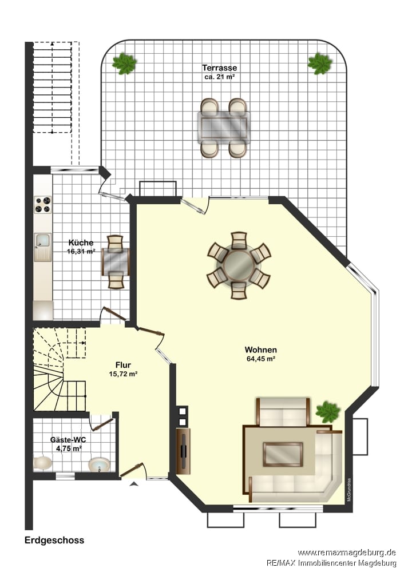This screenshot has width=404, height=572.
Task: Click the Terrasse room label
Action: point(219,68)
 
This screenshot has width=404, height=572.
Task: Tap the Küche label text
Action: point(81,243)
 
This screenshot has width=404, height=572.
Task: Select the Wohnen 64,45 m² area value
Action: point(260,359)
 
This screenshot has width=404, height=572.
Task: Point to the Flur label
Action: point(123,365)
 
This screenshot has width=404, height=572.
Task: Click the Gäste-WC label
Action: point(68,439)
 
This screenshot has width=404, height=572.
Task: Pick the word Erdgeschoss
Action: point(54,541)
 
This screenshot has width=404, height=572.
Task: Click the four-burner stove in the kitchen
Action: point(43,205)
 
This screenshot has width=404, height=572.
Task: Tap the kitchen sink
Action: point(43,247)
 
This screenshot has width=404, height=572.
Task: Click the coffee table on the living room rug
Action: point(283,454)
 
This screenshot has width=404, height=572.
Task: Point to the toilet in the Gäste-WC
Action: point(43,463)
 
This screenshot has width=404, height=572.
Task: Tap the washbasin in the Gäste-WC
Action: point(99,464)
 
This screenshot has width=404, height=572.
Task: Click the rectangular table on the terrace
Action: point(224,127)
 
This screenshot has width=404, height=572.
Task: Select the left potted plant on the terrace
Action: point(124,64)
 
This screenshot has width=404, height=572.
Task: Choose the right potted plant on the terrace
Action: point(320,64)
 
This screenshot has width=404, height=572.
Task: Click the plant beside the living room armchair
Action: point(328,412)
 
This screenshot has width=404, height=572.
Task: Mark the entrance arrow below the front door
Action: point(134,484)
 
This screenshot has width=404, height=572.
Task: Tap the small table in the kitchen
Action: point(116,262)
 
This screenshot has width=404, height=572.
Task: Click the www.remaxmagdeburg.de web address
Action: point(347,553)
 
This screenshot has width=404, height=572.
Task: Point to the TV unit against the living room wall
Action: point(183,451)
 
